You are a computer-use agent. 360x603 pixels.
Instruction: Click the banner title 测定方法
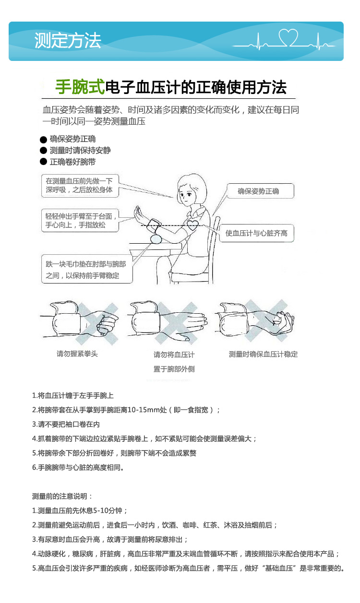pyautogui.click(x=68, y=41)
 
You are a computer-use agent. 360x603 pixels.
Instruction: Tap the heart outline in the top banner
pyautogui.click(x=289, y=36)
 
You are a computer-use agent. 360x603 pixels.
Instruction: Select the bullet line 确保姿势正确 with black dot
pyautogui.click(x=72, y=139)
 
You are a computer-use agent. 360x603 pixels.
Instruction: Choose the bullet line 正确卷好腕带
pyautogui.click(x=72, y=162)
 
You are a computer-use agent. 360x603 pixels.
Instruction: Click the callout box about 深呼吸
pyautogui.click(x=79, y=185)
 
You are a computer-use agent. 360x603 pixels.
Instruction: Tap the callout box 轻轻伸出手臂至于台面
pyautogui.click(x=79, y=221)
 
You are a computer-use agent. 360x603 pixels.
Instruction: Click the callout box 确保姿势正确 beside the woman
pyautogui.click(x=259, y=191)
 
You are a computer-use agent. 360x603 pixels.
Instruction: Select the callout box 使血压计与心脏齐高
pyautogui.click(x=256, y=233)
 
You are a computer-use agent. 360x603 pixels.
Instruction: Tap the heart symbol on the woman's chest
pyautogui.click(x=193, y=225)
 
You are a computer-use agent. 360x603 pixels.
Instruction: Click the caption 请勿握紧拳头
pyautogui.click(x=77, y=354)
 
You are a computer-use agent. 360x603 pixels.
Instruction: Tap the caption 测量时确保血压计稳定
pyautogui.click(x=263, y=354)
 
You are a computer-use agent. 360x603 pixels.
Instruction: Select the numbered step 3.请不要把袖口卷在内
pyautogui.click(x=66, y=424)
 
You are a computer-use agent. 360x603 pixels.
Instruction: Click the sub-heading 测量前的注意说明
pyautogui.click(x=62, y=496)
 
